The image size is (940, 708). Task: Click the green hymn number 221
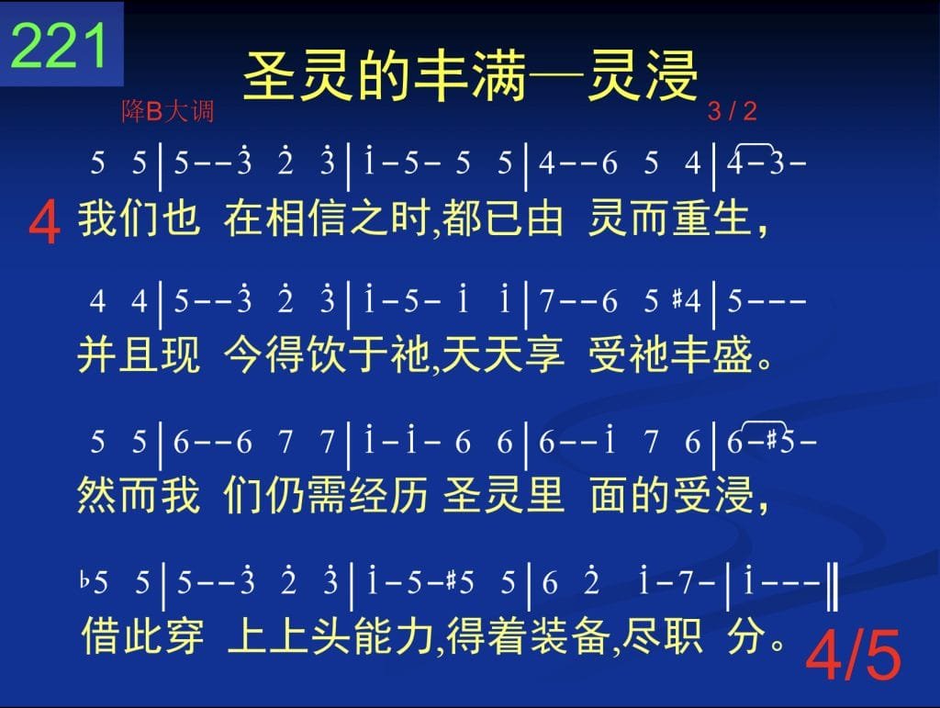click(x=59, y=45)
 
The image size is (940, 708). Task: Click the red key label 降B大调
click(x=168, y=111)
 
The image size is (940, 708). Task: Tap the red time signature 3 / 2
click(x=732, y=111)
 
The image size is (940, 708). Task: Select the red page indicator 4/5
click(x=853, y=656)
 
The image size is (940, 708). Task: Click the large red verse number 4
click(x=44, y=222)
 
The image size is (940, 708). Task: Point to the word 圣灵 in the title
click(x=297, y=76)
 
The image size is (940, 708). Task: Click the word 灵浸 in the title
click(x=642, y=76)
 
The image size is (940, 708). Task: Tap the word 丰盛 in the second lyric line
click(x=711, y=354)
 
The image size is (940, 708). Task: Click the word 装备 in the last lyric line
click(x=567, y=635)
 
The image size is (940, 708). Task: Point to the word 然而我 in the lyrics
click(x=139, y=495)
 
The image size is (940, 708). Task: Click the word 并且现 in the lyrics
click(x=139, y=354)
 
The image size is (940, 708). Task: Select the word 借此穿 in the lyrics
click(x=142, y=635)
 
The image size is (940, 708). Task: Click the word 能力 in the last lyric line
click(x=393, y=635)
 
